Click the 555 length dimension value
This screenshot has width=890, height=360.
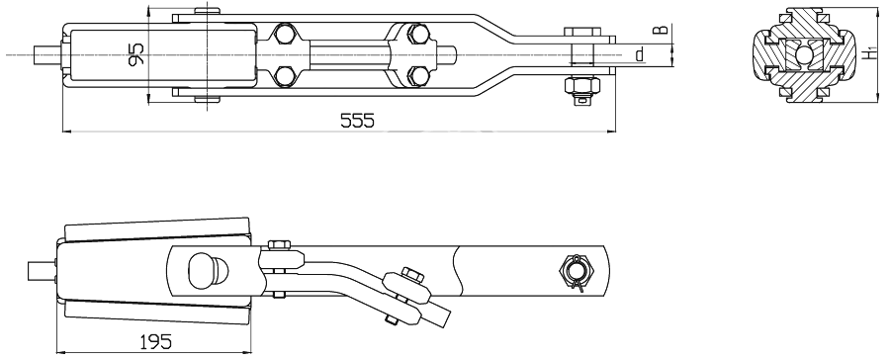click(357, 121)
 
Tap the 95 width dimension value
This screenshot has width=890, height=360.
click(136, 54)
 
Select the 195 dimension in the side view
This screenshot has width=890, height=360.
click(155, 341)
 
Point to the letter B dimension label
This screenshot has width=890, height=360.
click(659, 30)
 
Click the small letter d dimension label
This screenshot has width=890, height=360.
click(640, 55)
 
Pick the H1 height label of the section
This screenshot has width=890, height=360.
click(869, 53)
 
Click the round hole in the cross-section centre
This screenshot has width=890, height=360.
click(804, 54)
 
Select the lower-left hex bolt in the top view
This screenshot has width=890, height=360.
click(284, 76)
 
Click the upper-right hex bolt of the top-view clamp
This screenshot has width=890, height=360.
click(417, 34)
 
